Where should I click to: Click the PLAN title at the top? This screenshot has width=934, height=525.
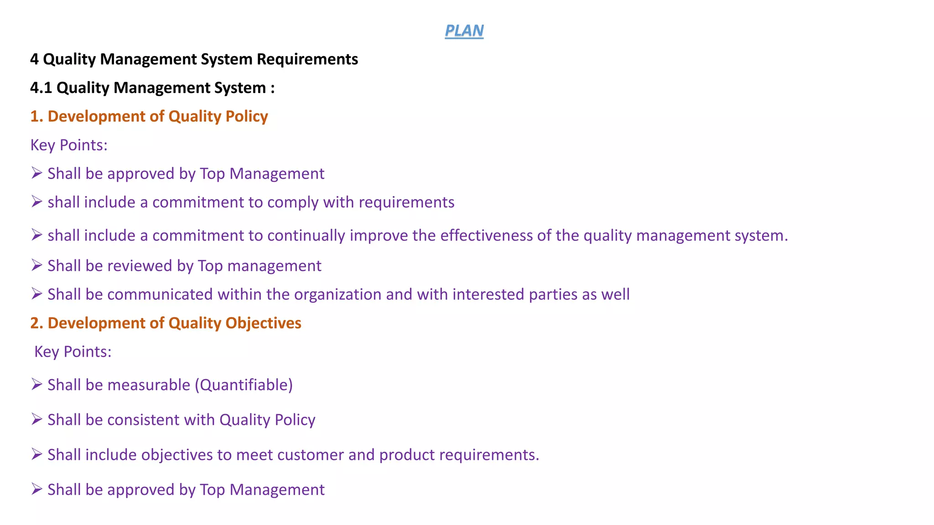tap(464, 31)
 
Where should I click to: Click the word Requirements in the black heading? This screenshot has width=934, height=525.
tap(307, 59)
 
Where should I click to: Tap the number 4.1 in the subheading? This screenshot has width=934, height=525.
tap(41, 87)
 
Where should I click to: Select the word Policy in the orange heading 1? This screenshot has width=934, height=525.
tap(247, 117)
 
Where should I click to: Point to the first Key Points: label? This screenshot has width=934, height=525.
tap(69, 145)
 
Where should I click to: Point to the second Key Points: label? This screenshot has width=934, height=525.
tap(73, 352)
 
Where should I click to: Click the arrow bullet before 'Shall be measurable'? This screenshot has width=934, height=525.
tap(36, 385)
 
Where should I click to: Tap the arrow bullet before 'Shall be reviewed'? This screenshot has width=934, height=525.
tap(36, 265)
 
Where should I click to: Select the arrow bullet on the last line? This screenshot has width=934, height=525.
tap(36, 489)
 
